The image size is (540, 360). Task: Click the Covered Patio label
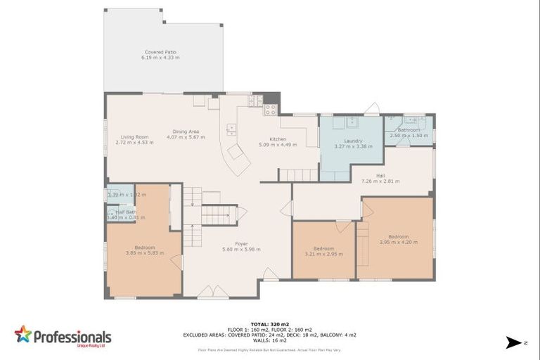(160, 52)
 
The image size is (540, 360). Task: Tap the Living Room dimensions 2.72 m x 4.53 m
(134, 143)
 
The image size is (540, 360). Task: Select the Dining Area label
(186, 131)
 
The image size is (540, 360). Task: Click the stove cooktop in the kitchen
(270, 109)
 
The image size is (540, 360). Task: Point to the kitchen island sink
(230, 128)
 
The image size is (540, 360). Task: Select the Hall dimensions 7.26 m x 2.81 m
(380, 181)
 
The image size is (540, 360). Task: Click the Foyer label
(241, 243)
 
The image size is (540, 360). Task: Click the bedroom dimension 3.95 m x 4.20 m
(398, 242)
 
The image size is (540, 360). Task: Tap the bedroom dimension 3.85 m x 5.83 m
(145, 252)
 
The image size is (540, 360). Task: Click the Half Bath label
(126, 212)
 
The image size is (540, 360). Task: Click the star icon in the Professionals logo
(23, 334)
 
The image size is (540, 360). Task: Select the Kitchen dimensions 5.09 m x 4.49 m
(278, 145)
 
